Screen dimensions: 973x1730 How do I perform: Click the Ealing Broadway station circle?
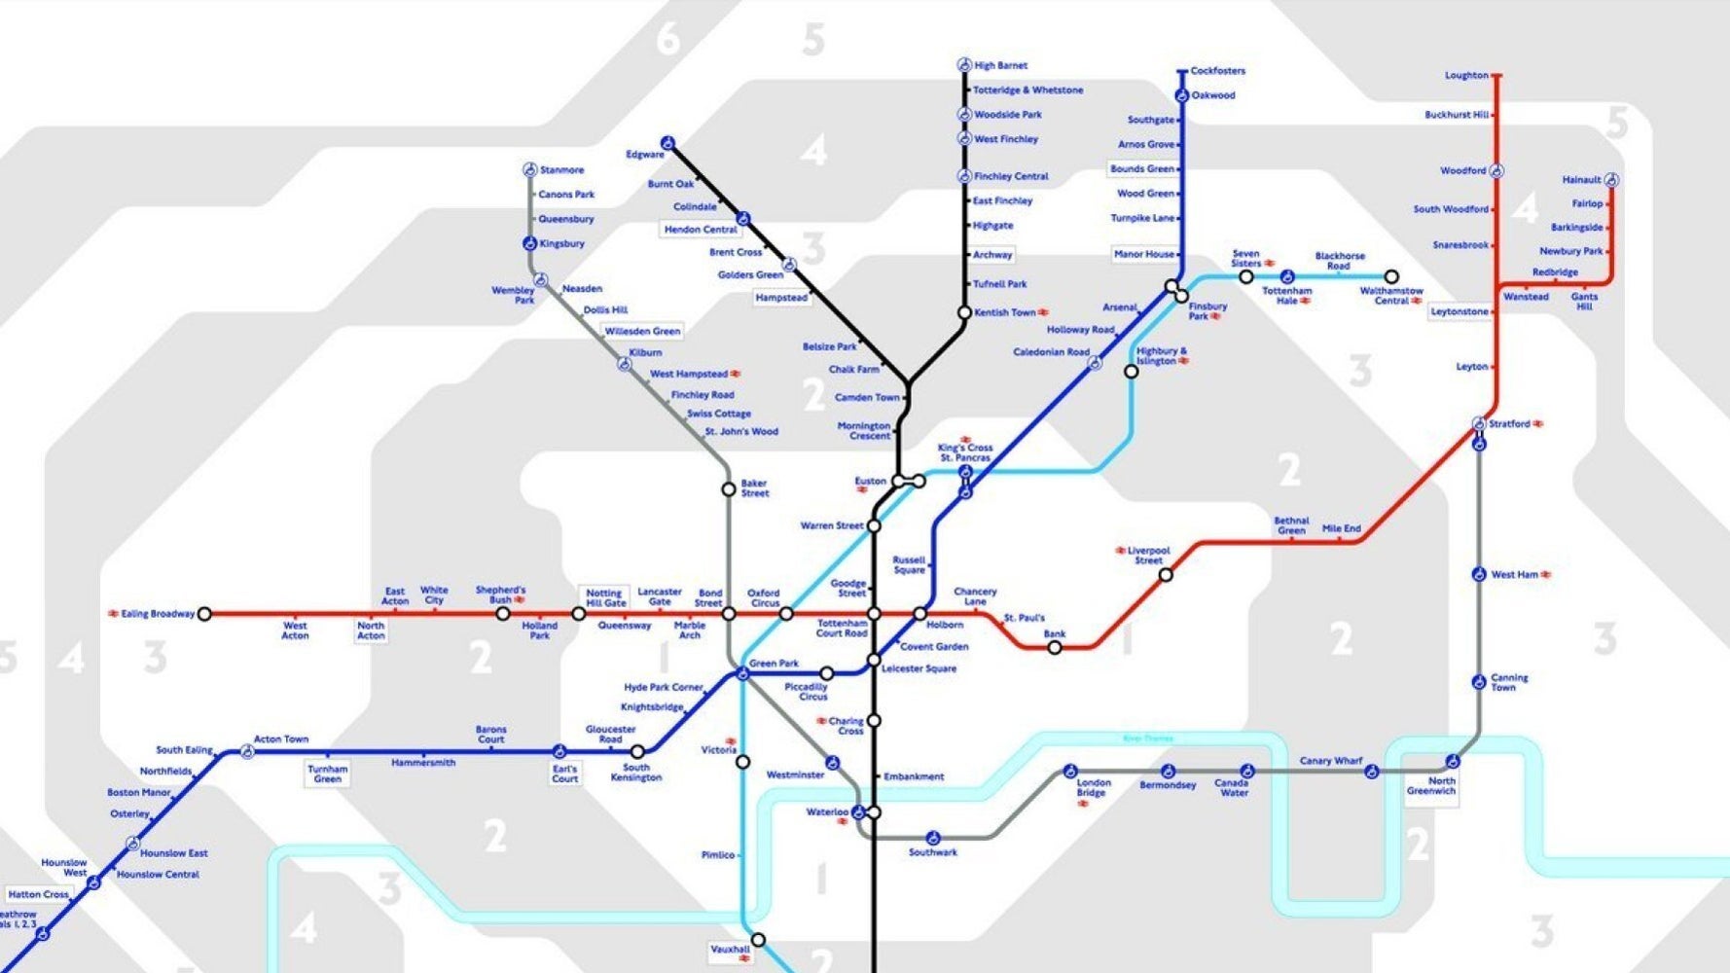click(204, 614)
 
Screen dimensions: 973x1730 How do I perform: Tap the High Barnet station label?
click(1000, 65)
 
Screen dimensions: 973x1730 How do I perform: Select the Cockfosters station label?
click(1217, 71)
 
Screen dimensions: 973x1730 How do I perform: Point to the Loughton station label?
click(1465, 75)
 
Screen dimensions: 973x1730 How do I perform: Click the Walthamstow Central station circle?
click(1391, 277)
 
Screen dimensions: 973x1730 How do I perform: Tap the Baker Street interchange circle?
click(728, 489)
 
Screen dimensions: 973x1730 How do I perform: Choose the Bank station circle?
click(1055, 647)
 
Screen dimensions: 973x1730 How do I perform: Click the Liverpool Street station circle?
click(1166, 575)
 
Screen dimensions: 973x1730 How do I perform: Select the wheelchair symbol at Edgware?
click(667, 143)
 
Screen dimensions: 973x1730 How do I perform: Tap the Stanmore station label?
click(561, 170)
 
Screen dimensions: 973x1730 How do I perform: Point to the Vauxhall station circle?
click(758, 940)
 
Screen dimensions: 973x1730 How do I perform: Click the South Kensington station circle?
click(637, 751)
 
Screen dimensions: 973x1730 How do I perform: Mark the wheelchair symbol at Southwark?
click(932, 838)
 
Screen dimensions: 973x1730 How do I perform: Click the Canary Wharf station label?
click(1330, 761)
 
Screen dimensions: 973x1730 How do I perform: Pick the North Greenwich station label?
click(1431, 786)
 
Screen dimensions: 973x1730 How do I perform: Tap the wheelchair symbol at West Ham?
click(1479, 574)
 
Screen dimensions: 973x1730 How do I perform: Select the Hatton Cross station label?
click(38, 894)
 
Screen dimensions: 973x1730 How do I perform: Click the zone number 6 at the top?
click(667, 39)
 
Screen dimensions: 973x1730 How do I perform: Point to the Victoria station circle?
click(742, 762)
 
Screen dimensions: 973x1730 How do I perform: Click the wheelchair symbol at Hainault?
click(1611, 180)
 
